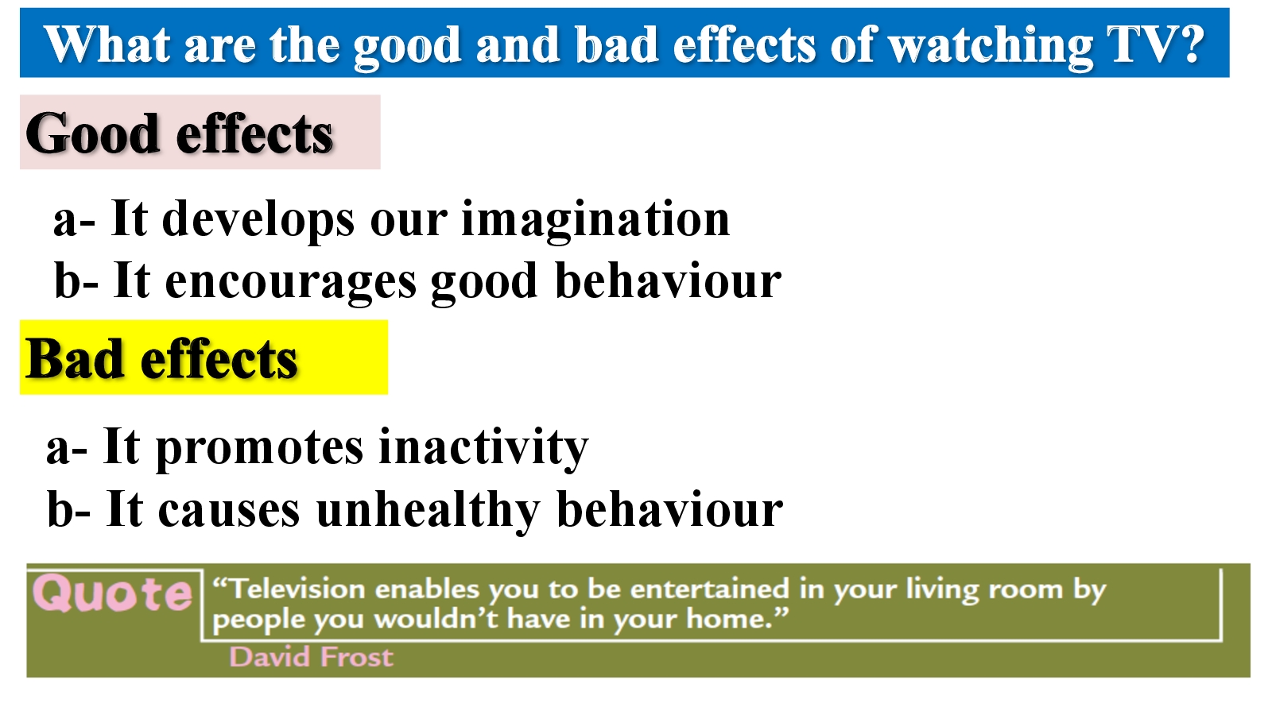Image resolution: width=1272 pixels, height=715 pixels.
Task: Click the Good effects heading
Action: click(179, 133)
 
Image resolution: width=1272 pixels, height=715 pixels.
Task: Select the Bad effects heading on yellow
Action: click(161, 358)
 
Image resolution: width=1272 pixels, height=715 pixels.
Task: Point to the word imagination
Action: click(595, 220)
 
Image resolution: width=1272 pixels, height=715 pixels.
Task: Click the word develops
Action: click(258, 220)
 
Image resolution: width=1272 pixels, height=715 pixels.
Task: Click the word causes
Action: click(229, 512)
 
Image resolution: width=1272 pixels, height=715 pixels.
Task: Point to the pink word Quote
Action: click(112, 593)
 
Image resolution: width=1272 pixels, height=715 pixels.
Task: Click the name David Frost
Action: click(311, 657)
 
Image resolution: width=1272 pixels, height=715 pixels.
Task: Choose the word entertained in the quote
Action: click(710, 589)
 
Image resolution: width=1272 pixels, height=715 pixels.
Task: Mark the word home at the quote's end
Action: click(730, 619)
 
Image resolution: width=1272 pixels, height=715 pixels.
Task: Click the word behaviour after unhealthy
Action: click(670, 509)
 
